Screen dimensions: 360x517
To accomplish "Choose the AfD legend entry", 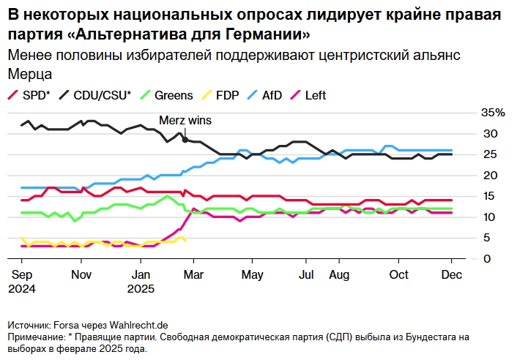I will point(271,95).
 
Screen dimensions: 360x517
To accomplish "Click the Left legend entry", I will point(314,95).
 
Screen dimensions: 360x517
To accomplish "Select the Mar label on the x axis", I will point(193,274).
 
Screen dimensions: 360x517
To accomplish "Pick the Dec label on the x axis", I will point(451,274).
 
